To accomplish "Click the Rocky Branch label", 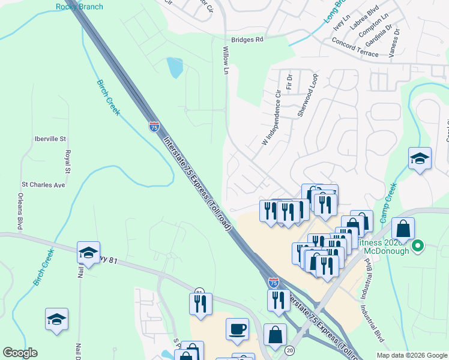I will coord(79,7).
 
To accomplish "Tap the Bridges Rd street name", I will coord(247,40).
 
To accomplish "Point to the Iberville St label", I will coord(51,139).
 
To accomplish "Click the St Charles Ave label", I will coord(43,185).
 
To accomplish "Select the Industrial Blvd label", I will coord(372,325).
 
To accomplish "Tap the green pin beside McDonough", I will coord(420,245).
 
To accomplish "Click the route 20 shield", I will coord(290,350).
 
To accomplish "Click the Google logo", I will coord(20,353).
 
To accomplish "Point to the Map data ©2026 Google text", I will coord(412,355).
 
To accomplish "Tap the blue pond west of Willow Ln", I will coord(175,67).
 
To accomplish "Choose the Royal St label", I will coord(68,163).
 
